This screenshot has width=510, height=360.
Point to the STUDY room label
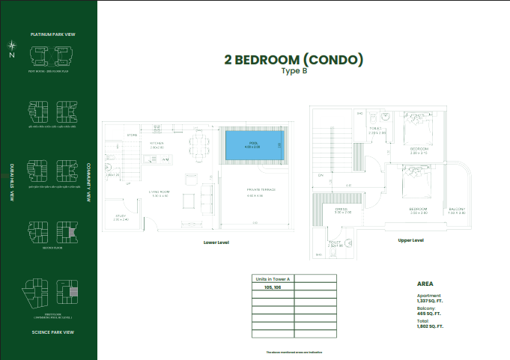[x=121, y=218]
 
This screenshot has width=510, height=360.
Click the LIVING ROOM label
[x=159, y=193]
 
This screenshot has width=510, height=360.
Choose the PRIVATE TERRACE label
[x=261, y=191]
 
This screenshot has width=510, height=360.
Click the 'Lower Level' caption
[x=216, y=243]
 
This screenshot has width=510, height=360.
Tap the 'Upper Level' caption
[x=411, y=240]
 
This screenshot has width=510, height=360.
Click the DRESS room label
[x=343, y=210]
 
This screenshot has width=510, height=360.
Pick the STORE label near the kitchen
[x=132, y=135]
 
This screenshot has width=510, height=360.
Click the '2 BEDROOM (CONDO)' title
[x=294, y=59]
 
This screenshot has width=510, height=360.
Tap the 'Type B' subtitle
[x=294, y=71]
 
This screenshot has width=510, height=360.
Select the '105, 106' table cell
[x=273, y=287]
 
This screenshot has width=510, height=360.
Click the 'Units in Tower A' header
[x=273, y=278]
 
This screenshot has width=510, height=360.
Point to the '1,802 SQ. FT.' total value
[x=430, y=327]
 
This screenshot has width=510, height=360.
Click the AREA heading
[x=425, y=284]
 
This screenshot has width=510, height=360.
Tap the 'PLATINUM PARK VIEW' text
[x=52, y=34]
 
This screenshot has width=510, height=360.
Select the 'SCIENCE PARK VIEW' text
[x=52, y=332]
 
